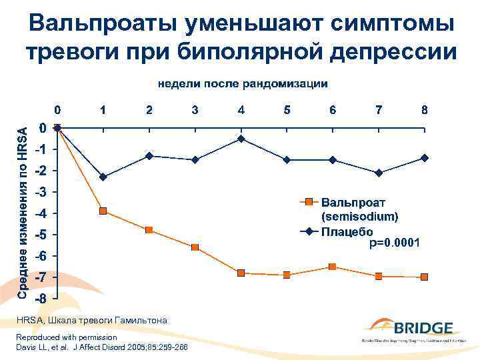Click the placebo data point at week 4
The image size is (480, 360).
pos(241,139)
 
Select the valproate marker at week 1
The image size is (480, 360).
pos(103,211)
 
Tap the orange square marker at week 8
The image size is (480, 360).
pos(425,277)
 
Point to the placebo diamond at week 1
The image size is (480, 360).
pos(103,177)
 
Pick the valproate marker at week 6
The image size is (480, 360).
pos(333,267)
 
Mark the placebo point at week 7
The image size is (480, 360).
pos(379,173)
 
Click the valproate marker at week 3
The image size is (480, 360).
pos(195,247)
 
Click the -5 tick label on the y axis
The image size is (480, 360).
pos(41,235)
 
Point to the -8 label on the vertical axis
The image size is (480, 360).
pos(41,299)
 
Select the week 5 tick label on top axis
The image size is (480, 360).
pos(287,110)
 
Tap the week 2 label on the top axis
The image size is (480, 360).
pos(149,110)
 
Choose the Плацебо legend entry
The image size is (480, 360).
pos(346,232)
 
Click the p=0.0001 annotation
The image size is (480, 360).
pos(395,244)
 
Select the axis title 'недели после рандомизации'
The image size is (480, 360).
pos(243,84)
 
